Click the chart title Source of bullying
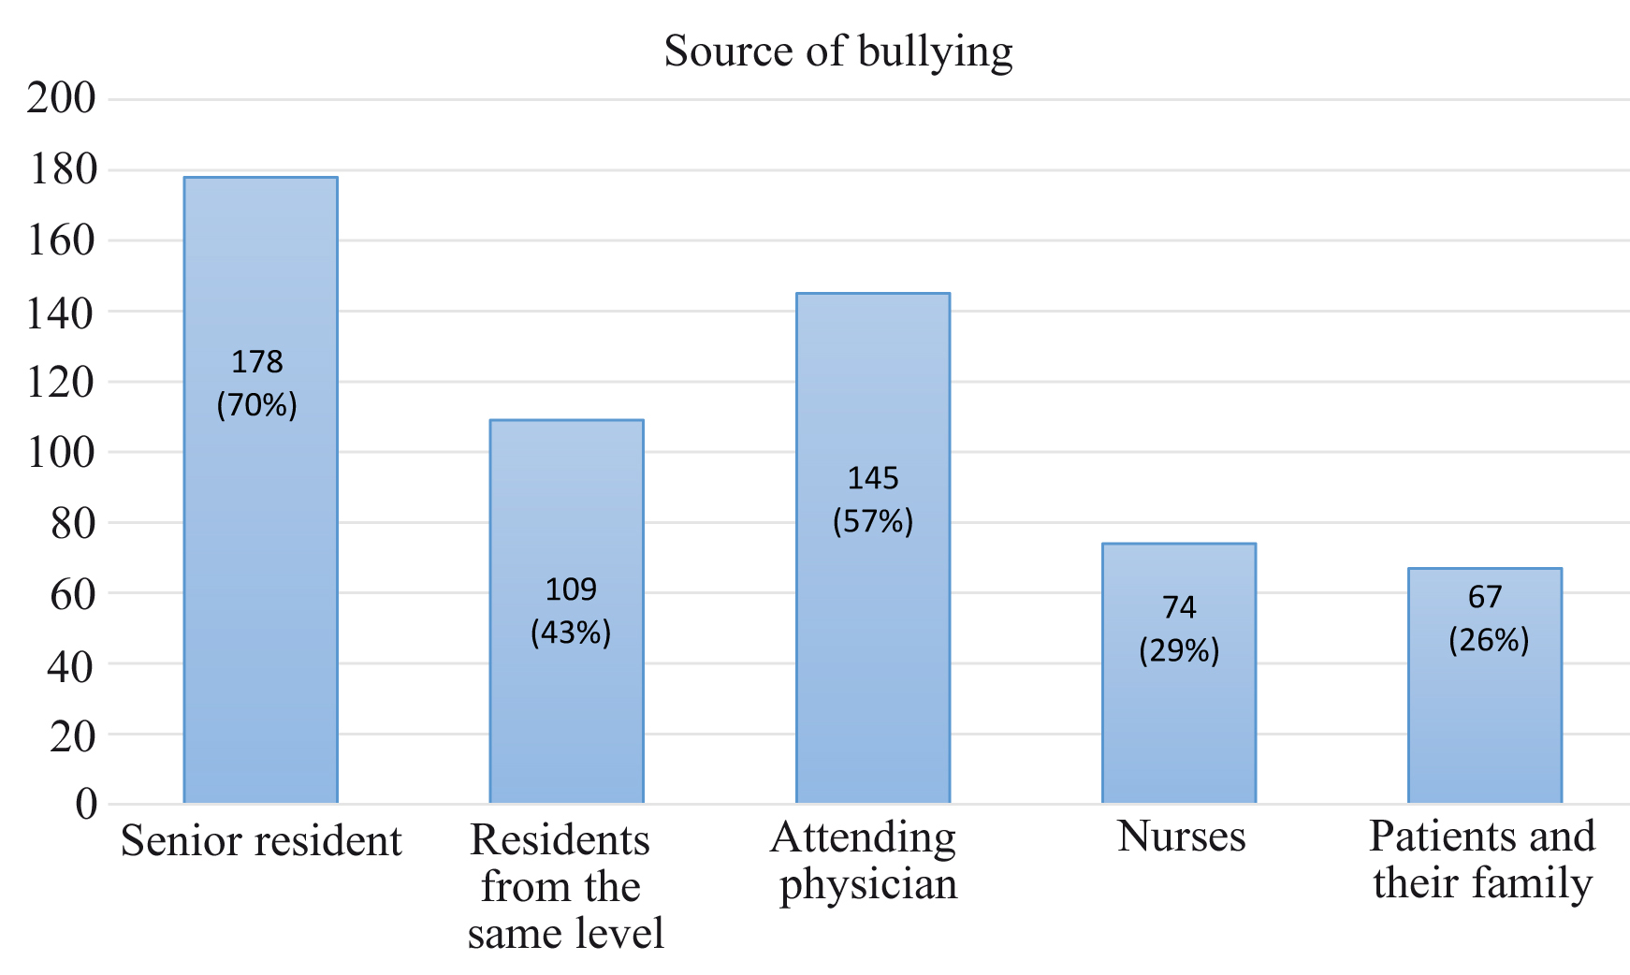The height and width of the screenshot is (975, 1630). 837,51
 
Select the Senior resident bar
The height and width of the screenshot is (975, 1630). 260,561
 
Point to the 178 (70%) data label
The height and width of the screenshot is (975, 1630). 257,384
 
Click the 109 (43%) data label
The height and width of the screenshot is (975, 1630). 571,611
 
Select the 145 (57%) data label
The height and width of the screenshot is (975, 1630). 873,500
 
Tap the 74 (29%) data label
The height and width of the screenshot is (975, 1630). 1179,629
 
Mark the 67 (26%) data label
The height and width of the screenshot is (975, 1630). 1488,618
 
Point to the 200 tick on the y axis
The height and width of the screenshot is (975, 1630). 61,97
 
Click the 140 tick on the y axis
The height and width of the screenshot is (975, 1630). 61,313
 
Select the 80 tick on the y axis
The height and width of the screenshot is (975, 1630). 73,524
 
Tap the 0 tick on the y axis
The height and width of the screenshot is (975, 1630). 86,804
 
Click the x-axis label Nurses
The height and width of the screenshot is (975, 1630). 1181,836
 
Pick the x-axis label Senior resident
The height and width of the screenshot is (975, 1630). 261,840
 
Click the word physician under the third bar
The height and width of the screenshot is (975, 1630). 868,884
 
